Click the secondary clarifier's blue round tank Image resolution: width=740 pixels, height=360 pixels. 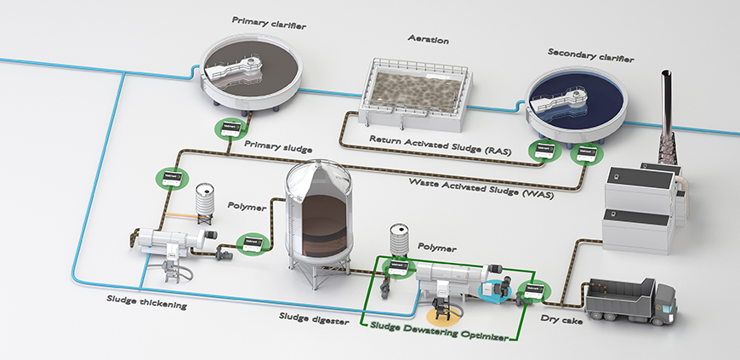point(579,100)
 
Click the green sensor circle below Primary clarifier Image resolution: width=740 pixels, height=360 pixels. point(228,130)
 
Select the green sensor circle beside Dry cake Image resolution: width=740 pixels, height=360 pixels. point(534,291)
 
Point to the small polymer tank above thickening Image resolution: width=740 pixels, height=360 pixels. point(204,203)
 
